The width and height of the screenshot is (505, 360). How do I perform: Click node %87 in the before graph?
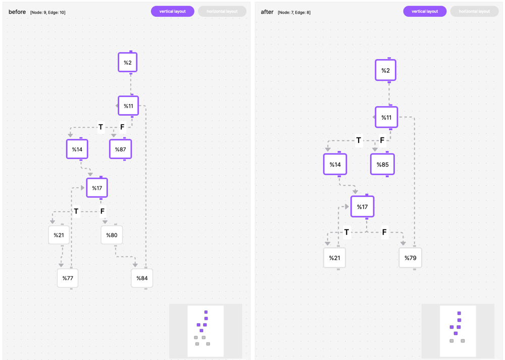pos(121,149)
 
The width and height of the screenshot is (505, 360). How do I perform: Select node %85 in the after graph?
pos(382,164)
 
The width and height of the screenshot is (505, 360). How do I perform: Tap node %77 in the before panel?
pos(68,278)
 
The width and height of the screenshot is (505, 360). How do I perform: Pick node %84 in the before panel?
pos(142,278)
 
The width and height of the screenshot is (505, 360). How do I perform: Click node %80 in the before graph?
pos(112,235)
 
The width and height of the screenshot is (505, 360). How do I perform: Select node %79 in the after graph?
pos(410,258)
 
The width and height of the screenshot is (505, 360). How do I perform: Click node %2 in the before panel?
pos(128,63)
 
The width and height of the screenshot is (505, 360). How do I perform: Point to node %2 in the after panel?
pos(385,70)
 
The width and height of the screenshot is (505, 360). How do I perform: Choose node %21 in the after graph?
pos(334,258)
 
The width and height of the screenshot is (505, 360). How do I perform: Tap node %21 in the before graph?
pos(59,235)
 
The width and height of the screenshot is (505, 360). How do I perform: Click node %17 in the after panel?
pos(362,207)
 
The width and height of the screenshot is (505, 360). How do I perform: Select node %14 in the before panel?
pos(77,149)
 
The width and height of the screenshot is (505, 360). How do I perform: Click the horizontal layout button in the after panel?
pos(474,11)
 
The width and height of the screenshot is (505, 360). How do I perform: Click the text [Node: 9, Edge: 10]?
pos(48,12)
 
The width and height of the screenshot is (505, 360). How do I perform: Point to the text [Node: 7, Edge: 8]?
pos(294,12)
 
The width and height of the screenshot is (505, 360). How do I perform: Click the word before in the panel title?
pos(17,12)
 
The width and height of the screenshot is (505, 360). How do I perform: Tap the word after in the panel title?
pos(267,12)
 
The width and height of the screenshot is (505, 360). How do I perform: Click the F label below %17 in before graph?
pos(103,211)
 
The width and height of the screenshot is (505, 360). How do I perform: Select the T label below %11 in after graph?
pos(359,140)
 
